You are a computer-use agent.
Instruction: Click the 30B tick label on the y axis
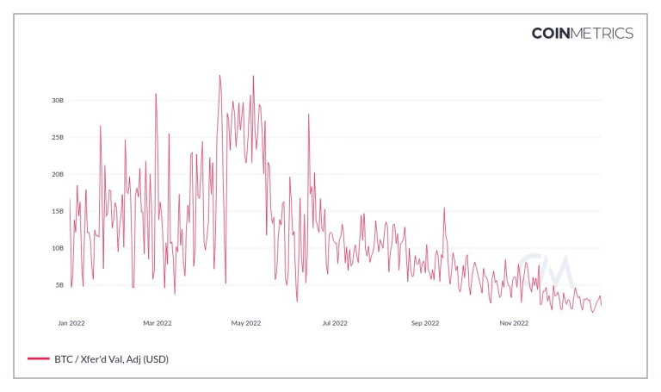pos(58,101)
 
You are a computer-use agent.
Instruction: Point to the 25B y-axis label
pos(58,138)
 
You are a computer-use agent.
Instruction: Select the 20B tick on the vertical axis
pos(58,174)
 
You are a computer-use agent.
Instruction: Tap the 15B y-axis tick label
pos(58,211)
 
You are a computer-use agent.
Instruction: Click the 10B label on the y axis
pos(58,248)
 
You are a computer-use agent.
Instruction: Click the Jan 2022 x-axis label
pos(71,323)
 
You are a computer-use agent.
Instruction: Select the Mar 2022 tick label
pos(158,323)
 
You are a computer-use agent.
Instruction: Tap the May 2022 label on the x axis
pos(246,323)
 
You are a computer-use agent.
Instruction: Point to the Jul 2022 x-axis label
pos(335,323)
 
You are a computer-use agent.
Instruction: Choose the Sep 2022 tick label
pos(425,323)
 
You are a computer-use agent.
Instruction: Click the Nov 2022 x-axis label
pos(514,323)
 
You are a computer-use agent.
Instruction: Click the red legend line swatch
pos(38,358)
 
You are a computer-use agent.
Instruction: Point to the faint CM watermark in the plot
pos(538,271)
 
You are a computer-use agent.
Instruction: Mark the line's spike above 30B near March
pos(156,94)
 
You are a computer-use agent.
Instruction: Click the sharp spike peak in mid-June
pos(308,115)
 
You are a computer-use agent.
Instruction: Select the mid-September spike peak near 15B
pos(444,208)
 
